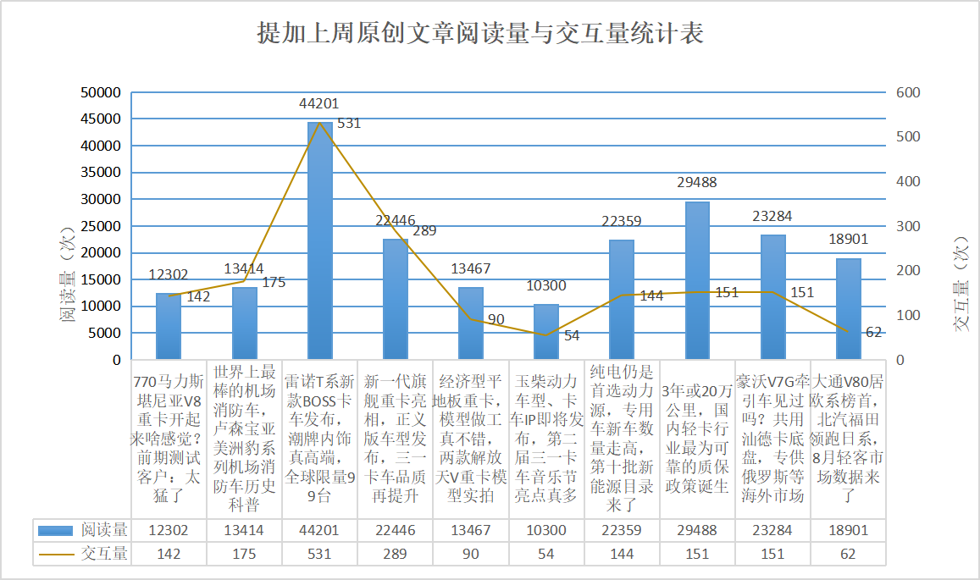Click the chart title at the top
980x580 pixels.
tap(480, 34)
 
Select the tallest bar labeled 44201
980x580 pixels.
tap(319, 241)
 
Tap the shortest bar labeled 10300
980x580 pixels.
tap(546, 332)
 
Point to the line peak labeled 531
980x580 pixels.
tap(320, 124)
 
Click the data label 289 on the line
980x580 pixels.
tap(424, 230)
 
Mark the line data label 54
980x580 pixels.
tap(572, 336)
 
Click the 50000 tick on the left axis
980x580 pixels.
tap(101, 92)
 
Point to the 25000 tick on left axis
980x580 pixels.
tap(101, 226)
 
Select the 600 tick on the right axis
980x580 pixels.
tap(909, 92)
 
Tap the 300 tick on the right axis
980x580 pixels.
tap(909, 226)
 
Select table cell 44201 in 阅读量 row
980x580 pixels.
tap(319, 530)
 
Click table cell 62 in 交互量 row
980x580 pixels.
tap(848, 554)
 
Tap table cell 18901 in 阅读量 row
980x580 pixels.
tap(848, 530)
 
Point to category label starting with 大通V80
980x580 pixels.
tap(848, 436)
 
